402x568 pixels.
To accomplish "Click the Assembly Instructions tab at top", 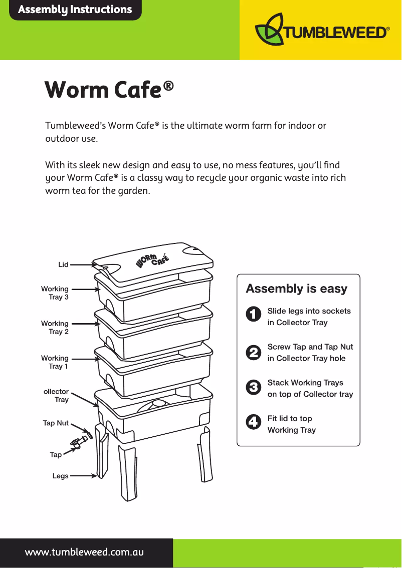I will tap(75, 10).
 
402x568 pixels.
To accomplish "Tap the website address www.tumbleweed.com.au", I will tap(85, 552).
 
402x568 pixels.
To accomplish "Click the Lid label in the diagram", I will tap(63, 264).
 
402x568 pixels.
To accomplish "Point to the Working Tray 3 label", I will tap(55, 293).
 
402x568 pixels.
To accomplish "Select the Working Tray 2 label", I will tap(55, 328).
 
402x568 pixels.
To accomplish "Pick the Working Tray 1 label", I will tap(55, 362).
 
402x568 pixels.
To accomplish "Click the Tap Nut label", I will tap(56, 423).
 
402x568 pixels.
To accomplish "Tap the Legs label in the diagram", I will tap(61, 476).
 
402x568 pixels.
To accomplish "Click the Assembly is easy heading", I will tap(296, 289).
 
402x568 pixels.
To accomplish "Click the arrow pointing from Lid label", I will tap(83, 264).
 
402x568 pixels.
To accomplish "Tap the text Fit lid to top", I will tap(290, 419).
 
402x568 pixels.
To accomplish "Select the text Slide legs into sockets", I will tap(309, 311).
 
